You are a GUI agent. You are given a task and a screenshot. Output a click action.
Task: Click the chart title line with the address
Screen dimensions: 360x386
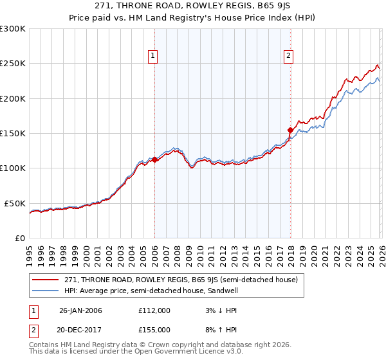[192, 6]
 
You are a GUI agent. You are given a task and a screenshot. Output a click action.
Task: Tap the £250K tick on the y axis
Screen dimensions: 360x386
[13, 64]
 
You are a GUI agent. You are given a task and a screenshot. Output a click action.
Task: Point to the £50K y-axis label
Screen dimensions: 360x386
[15, 203]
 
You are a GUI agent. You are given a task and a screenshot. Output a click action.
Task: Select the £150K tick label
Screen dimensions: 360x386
[13, 134]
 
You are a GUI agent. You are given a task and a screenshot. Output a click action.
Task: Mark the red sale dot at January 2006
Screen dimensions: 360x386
[155, 160]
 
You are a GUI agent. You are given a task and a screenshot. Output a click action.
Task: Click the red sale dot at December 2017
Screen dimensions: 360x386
[290, 130]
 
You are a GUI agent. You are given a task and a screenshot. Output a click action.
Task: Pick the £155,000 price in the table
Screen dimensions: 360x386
[154, 329]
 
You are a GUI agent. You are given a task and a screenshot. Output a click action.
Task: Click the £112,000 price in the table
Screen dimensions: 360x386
[154, 310]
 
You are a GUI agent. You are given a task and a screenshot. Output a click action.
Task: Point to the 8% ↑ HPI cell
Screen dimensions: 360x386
[217, 329]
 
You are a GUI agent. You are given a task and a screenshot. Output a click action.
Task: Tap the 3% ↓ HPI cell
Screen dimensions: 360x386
[217, 310]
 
